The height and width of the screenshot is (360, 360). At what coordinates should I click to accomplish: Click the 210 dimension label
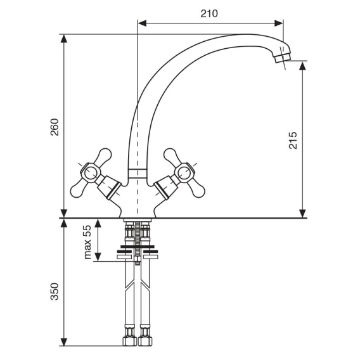[x=209, y=13]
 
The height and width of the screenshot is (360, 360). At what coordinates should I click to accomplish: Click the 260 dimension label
[x=55, y=127]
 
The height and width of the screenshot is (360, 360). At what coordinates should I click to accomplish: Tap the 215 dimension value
[x=293, y=141]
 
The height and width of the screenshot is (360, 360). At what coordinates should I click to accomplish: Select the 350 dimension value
[x=55, y=292]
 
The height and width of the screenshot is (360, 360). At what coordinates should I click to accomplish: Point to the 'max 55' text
[x=87, y=242]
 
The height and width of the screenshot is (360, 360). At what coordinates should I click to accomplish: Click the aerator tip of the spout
[x=283, y=58]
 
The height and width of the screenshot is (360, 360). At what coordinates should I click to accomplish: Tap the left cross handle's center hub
[x=89, y=173]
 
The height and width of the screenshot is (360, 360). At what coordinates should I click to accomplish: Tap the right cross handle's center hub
[x=184, y=173]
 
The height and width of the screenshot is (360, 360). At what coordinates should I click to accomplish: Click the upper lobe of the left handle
[x=104, y=156]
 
